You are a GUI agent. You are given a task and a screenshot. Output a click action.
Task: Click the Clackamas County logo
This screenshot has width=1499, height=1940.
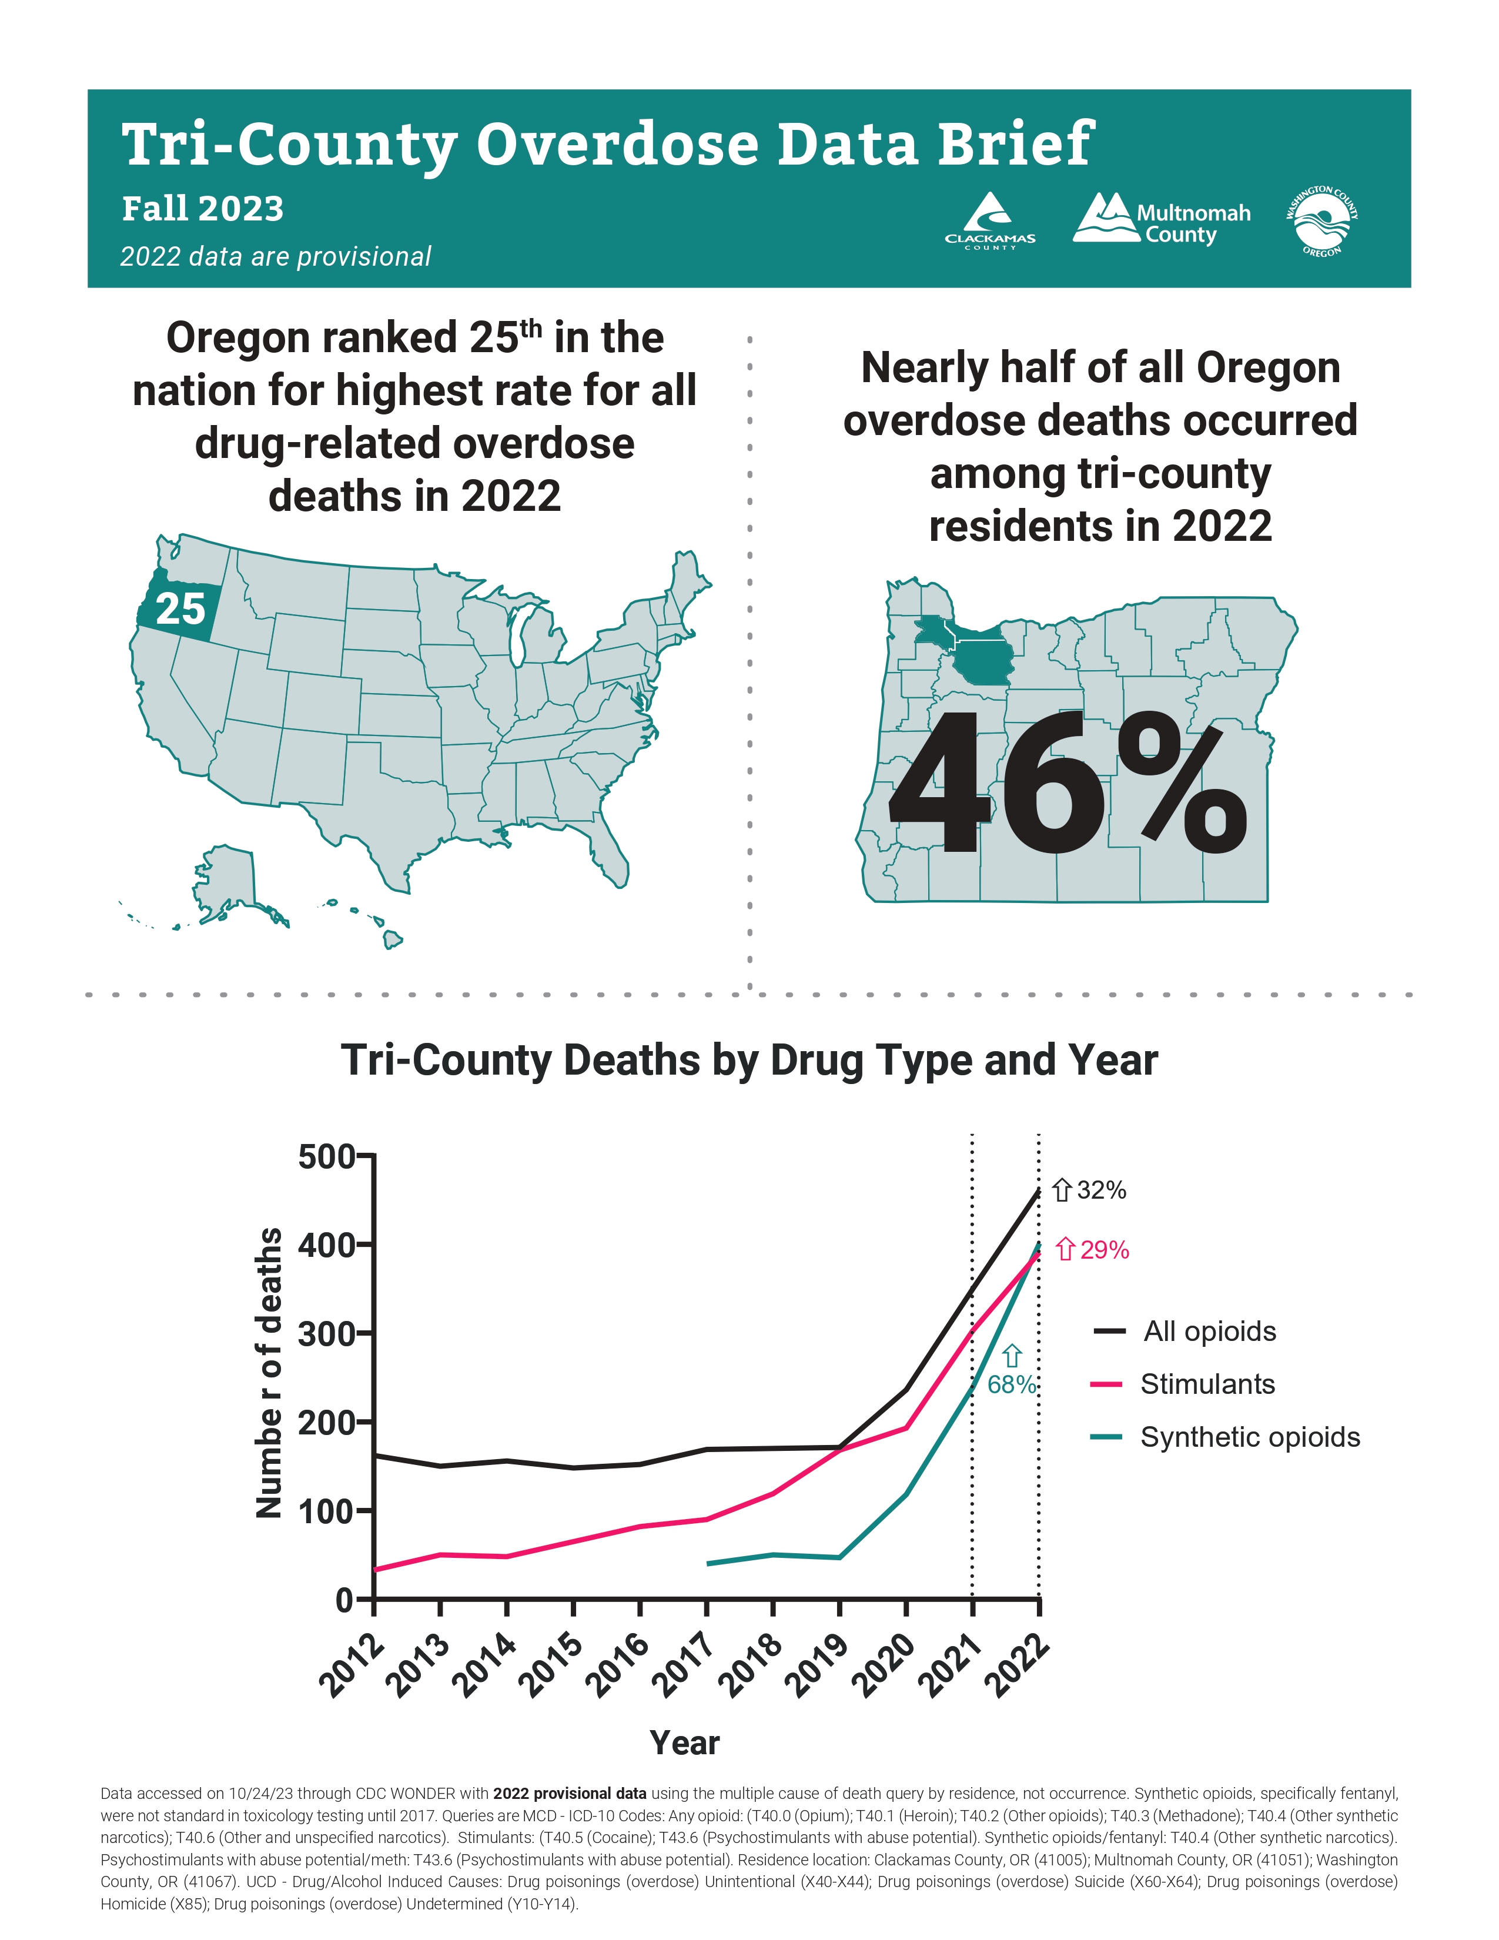tap(989, 221)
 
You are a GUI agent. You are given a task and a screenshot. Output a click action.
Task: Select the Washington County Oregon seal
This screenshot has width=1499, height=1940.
tap(1322, 221)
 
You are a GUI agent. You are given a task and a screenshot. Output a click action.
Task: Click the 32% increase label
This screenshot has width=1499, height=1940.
tap(1090, 1190)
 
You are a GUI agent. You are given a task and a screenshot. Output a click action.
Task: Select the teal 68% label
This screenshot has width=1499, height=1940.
tap(1012, 1384)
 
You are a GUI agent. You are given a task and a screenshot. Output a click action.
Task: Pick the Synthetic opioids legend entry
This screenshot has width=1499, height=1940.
tap(1226, 1437)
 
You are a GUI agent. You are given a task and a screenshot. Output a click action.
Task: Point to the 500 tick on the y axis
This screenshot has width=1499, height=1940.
tap(326, 1158)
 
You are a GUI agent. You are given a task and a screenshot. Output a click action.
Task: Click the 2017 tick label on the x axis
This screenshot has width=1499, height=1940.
tap(683, 1665)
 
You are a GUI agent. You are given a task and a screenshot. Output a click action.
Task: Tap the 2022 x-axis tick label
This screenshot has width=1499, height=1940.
tap(1017, 1665)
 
